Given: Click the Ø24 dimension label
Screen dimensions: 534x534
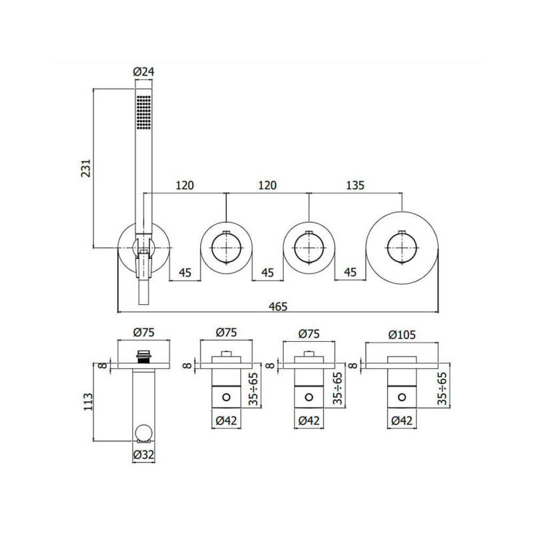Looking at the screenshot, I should (144, 71).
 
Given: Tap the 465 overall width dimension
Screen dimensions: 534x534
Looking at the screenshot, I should (278, 306).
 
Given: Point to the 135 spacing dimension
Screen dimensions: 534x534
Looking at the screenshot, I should (355, 186).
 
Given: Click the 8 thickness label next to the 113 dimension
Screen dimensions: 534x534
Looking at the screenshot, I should (101, 364).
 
